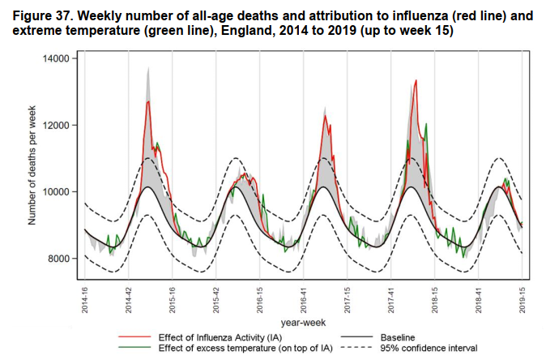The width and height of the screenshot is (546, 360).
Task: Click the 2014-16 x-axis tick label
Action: click(85, 299)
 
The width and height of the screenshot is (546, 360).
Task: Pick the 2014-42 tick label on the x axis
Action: click(129, 299)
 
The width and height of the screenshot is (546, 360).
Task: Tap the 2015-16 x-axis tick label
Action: click(173, 299)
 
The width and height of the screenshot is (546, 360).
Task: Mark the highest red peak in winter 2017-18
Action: click(416, 80)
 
